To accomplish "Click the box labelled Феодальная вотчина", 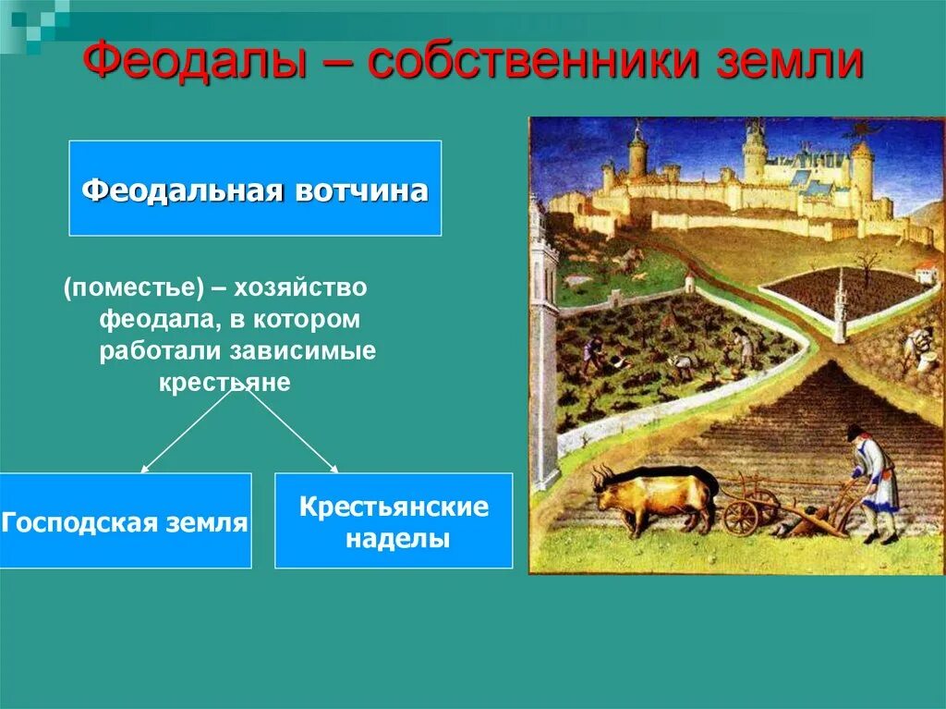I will (255, 189).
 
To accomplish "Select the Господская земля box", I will (125, 520).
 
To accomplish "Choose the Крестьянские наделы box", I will (393, 520).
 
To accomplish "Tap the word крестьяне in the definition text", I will (224, 382).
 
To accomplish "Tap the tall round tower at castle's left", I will (637, 153).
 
